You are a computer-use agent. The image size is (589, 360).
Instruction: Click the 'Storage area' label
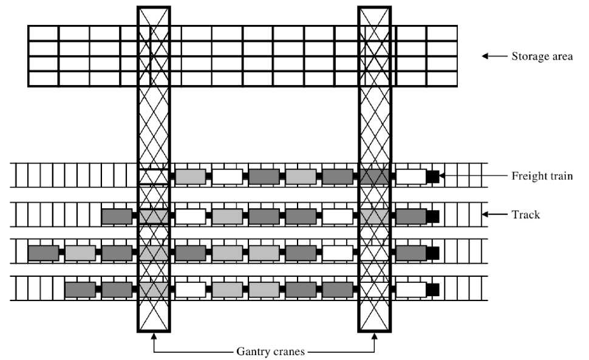coord(542,56)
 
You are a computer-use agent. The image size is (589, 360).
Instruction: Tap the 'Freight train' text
coord(542,177)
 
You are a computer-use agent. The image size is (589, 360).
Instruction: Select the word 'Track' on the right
coord(526,214)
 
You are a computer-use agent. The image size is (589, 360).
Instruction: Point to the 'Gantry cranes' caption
coord(264,350)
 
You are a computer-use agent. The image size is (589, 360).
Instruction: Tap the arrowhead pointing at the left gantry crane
coord(154,337)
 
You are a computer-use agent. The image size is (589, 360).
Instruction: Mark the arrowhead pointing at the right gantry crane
coord(375,337)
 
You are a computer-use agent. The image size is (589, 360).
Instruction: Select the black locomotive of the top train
coord(432,177)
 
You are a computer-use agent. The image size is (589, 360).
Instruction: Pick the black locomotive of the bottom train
coord(432,290)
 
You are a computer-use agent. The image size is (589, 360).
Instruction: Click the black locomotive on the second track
coord(432,216)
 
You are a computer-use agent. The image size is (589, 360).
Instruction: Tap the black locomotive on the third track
coord(432,253)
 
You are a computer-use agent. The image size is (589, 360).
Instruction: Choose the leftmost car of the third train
coord(43,253)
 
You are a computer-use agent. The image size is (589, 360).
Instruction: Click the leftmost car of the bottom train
coord(80,290)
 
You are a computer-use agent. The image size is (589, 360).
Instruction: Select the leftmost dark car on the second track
coord(117,216)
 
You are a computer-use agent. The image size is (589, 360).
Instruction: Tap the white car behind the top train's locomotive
coord(410,177)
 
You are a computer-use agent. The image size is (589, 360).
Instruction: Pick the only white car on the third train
coord(337,253)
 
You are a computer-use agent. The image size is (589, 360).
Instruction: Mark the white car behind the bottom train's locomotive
coord(410,290)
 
